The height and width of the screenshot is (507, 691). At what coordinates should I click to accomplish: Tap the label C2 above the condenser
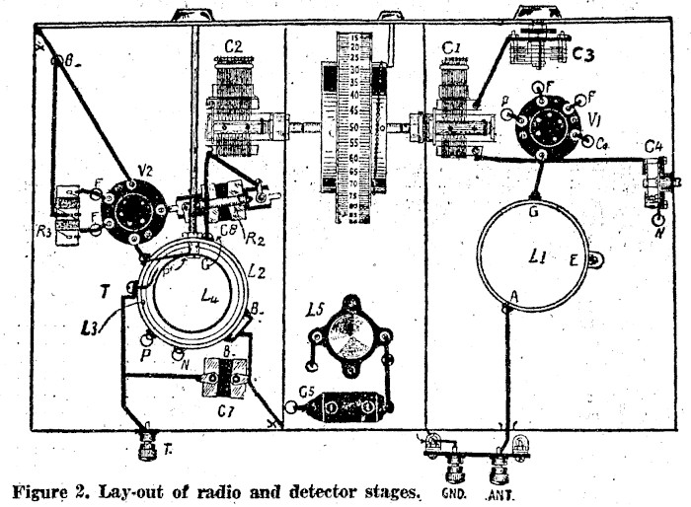(x=233, y=46)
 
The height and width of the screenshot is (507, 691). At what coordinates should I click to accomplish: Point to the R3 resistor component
(x=68, y=214)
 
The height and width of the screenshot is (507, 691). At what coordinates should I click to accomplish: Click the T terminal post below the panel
(x=147, y=446)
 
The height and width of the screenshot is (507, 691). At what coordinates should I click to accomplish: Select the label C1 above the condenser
(x=453, y=46)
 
